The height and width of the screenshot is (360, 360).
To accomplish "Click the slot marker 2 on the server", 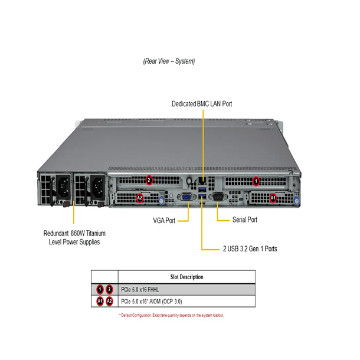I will pyautogui.click(x=149, y=180).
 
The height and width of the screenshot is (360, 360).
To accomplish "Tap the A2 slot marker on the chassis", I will pyautogui.click(x=139, y=197).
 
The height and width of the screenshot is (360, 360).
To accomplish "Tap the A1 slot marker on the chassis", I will pyautogui.click(x=273, y=197).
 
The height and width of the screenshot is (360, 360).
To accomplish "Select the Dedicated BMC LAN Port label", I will pyautogui.click(x=202, y=104).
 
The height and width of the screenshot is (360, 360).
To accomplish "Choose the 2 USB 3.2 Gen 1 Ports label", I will pyautogui.click(x=250, y=249).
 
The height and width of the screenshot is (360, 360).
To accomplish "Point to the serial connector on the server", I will pyautogui.click(x=217, y=198).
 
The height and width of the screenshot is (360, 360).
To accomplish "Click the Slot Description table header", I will pyautogui.click(x=186, y=277).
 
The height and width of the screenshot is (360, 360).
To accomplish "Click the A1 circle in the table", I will pyautogui.click(x=100, y=302).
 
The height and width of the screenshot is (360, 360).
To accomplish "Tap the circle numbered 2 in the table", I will pyautogui.click(x=109, y=289).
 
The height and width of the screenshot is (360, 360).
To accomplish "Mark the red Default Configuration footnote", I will pyautogui.click(x=171, y=315).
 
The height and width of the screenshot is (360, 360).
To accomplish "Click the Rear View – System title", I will pyautogui.click(x=169, y=61).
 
